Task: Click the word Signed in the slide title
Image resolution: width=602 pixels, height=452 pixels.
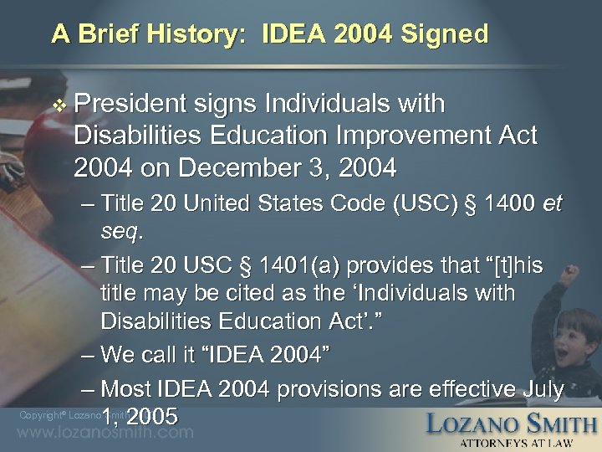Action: tap(447, 34)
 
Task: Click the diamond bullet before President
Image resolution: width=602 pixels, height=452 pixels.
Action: tap(57, 105)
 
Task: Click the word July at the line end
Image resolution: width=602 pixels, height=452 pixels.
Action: tap(541, 389)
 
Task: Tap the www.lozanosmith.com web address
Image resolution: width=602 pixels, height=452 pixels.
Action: tap(105, 434)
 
